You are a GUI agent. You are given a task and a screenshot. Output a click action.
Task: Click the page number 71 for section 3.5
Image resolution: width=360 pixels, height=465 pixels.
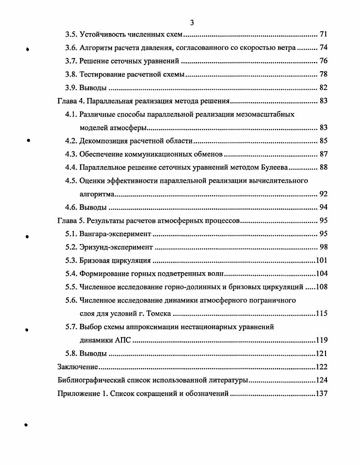323,34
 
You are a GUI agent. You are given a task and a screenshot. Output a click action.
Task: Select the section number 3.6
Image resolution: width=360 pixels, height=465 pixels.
71,48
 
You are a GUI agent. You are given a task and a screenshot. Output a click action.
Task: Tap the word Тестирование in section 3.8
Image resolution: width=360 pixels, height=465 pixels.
102,74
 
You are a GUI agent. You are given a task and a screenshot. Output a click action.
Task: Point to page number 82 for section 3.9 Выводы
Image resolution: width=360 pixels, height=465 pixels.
323,88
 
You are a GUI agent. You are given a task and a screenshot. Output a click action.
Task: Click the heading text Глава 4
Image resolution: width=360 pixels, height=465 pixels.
70,101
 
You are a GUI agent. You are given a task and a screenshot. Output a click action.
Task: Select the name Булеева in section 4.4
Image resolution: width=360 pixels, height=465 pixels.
272,167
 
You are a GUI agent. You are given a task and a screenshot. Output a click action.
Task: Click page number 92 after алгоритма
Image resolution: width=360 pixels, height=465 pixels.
323,194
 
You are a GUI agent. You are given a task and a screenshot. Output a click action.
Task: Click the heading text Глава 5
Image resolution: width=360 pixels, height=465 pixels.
70,221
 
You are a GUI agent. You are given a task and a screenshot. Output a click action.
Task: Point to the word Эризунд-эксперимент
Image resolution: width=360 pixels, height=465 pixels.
116,247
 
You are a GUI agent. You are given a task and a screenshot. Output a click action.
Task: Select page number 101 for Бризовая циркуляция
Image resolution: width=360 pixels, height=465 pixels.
321,261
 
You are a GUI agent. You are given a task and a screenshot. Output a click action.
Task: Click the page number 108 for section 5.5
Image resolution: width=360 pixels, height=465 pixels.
321,287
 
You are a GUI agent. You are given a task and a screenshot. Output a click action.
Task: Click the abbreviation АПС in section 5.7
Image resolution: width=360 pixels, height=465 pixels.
120,340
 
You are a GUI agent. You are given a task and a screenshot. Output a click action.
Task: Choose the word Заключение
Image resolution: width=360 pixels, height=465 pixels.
78,367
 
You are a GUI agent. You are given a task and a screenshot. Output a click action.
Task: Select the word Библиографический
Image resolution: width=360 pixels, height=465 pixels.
91,380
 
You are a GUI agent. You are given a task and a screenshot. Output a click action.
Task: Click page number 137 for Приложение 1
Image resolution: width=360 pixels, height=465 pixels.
321,393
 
